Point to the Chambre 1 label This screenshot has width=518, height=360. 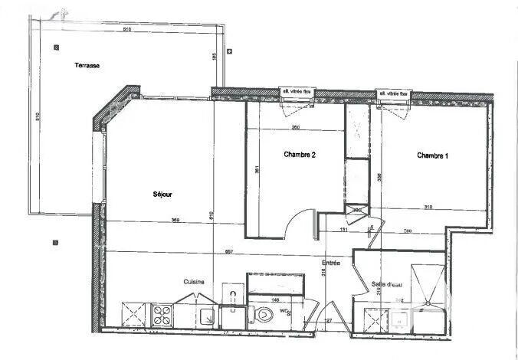point(433,155)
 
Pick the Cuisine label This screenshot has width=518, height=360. point(192,282)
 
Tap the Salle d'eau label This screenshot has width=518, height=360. point(387,284)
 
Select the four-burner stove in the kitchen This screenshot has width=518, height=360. point(162,314)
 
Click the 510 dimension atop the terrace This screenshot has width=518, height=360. point(127,30)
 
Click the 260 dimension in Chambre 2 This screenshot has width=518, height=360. point(295,127)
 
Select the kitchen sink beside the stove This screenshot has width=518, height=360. point(205,316)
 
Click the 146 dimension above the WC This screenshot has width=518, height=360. point(273,301)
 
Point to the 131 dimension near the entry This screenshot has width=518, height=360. point(344,229)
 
